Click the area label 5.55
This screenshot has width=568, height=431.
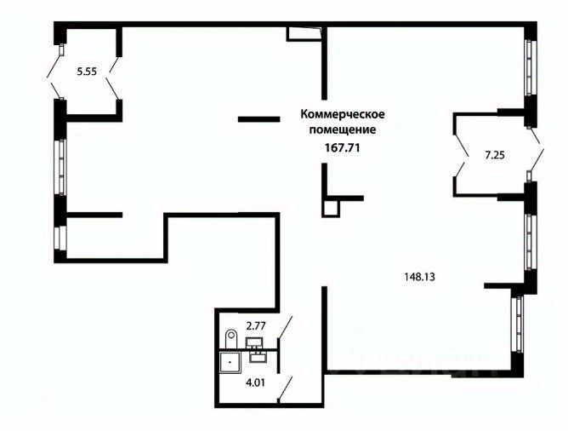(86, 72)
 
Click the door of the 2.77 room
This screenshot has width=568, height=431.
(287, 328)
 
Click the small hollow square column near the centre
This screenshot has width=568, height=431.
(331, 207)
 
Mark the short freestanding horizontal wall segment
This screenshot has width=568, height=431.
(258, 119)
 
